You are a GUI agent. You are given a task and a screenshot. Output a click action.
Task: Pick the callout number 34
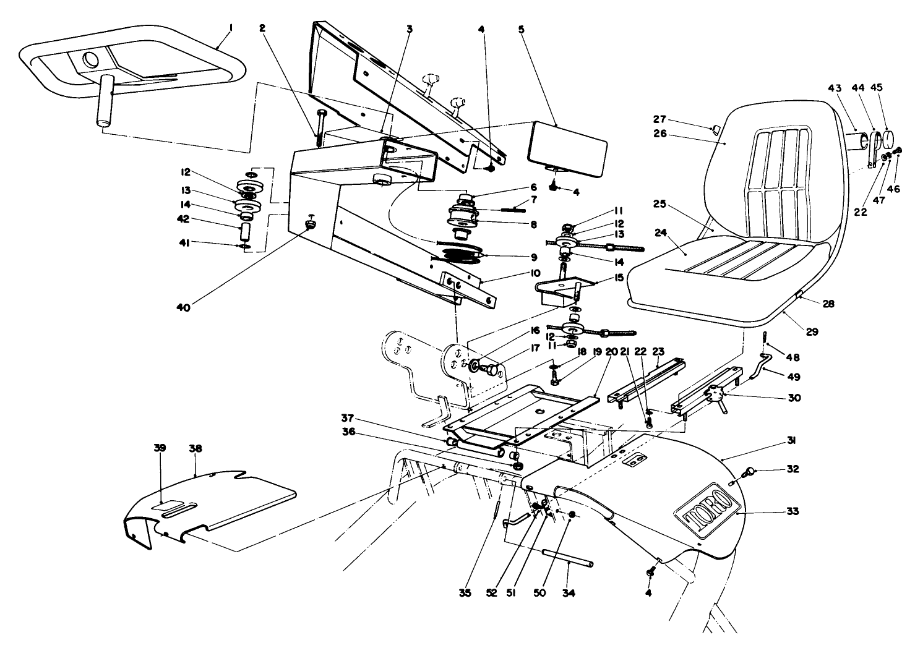point(569,593)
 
